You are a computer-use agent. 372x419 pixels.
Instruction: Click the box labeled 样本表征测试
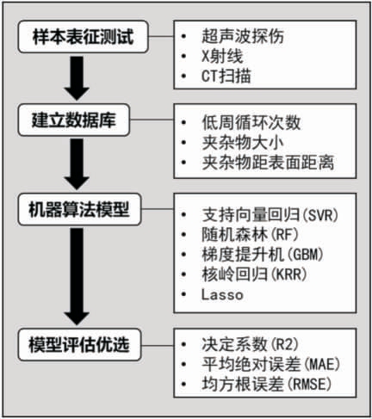[x=84, y=37]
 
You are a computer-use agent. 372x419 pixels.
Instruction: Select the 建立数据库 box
[x=74, y=120]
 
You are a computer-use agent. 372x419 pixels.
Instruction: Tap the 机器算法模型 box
[x=79, y=209]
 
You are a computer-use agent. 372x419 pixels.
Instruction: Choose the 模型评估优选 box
[x=79, y=344]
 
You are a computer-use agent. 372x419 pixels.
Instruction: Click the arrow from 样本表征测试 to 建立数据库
[x=77, y=78]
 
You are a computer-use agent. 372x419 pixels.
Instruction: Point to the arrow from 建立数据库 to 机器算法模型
[x=77, y=164]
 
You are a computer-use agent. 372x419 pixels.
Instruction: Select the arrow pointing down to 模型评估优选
[x=77, y=276]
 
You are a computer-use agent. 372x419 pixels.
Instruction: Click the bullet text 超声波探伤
[x=243, y=36]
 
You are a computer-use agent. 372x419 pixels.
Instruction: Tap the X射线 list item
[x=222, y=56]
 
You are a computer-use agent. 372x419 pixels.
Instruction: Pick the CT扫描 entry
[x=226, y=76]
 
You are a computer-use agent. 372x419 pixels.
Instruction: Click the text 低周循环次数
[x=251, y=122]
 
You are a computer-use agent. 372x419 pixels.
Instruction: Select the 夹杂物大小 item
[x=243, y=143]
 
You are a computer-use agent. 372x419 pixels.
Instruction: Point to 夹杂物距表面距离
[x=268, y=163]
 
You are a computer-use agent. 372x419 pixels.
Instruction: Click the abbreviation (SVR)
[x=320, y=215]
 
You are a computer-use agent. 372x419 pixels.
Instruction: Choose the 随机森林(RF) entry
[x=250, y=235]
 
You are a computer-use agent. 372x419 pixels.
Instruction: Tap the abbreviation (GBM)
[x=305, y=255]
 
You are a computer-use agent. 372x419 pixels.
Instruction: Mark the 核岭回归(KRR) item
[x=254, y=274]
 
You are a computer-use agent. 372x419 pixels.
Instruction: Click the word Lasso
[x=222, y=295]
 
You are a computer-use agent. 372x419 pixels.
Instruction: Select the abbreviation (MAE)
[x=321, y=364]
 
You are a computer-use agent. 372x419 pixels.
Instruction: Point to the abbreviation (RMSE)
[x=309, y=385]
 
